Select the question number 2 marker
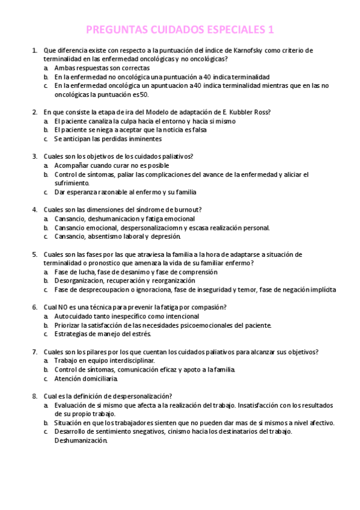pyautogui.click(x=34, y=112)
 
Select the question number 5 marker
pyautogui.click(x=34, y=254)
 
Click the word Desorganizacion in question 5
pyautogui.click(x=80, y=281)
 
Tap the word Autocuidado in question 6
pyautogui.click(x=75, y=316)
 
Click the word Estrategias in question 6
pyautogui.click(x=72, y=334)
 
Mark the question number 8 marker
pyautogui.click(x=34, y=396)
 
